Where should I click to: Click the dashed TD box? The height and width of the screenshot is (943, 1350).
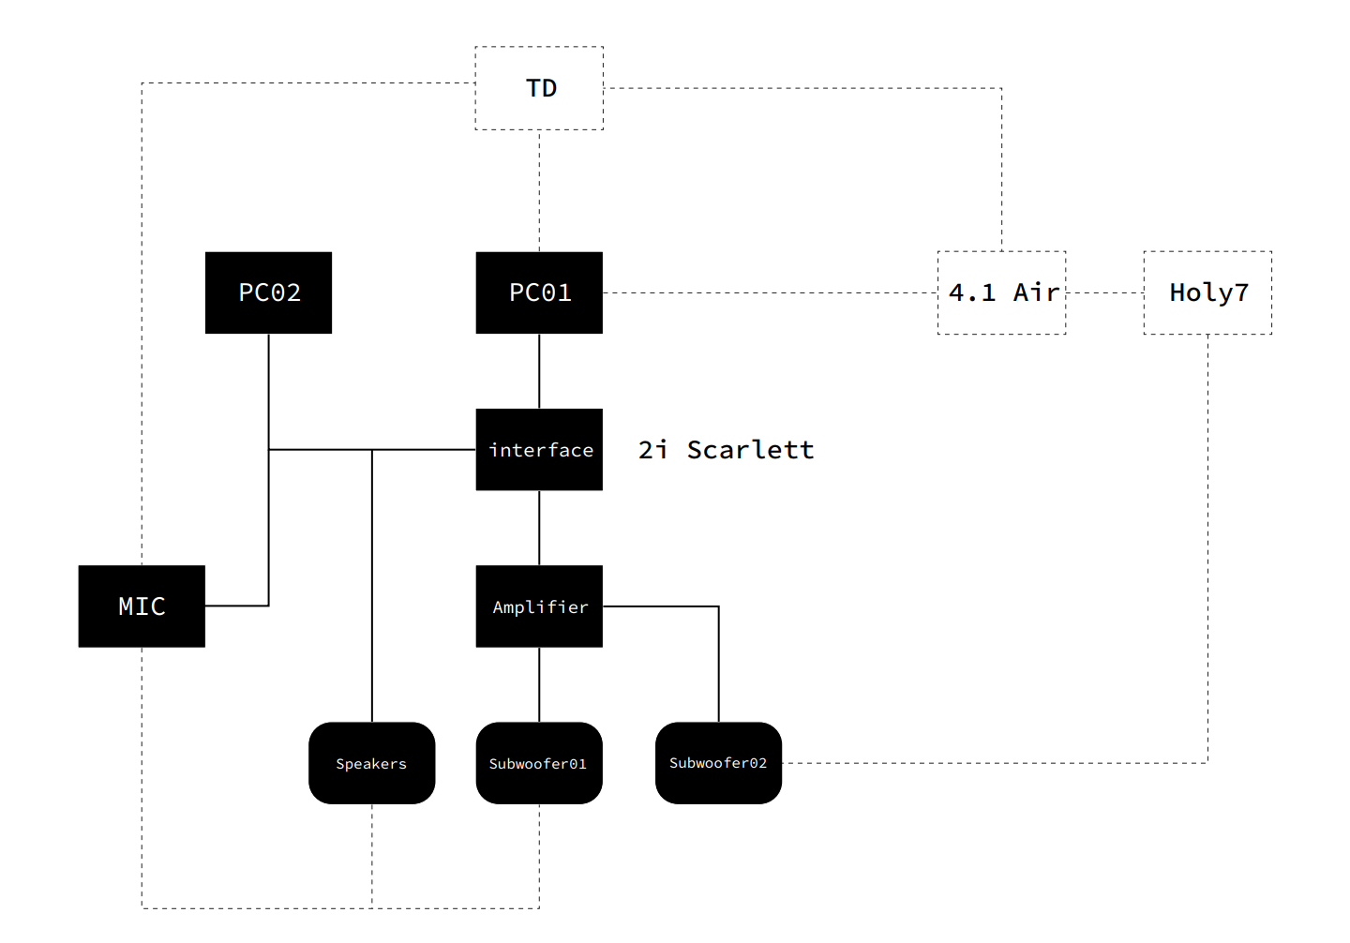(539, 88)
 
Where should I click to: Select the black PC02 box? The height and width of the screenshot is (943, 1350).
(269, 292)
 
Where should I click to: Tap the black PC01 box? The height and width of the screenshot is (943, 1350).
(539, 292)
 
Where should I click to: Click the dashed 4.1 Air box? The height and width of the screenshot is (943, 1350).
(1001, 292)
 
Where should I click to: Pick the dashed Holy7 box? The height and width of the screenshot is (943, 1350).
(1207, 292)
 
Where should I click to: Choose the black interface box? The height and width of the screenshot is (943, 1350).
(539, 450)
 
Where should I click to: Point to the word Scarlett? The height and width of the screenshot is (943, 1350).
(750, 450)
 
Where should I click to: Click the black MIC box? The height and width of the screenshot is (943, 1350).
(142, 606)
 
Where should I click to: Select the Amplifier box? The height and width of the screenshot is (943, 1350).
(539, 606)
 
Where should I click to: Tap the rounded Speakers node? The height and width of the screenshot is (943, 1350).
(371, 763)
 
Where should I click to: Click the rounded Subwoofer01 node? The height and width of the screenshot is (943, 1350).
(539, 763)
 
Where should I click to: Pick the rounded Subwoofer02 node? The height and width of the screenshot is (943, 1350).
(718, 763)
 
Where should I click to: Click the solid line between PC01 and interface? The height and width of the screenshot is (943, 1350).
(539, 371)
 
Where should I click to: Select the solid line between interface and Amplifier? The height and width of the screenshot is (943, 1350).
(539, 528)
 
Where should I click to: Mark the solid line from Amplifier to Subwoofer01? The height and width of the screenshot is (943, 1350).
(539, 684)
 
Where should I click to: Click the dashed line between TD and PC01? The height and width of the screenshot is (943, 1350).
(539, 191)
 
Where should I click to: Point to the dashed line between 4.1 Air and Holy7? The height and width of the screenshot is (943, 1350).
(1104, 292)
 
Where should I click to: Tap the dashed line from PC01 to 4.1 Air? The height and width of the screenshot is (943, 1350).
(769, 292)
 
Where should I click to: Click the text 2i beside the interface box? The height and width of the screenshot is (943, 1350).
(652, 450)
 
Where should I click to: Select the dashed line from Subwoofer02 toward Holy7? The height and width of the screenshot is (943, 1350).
(994, 763)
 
